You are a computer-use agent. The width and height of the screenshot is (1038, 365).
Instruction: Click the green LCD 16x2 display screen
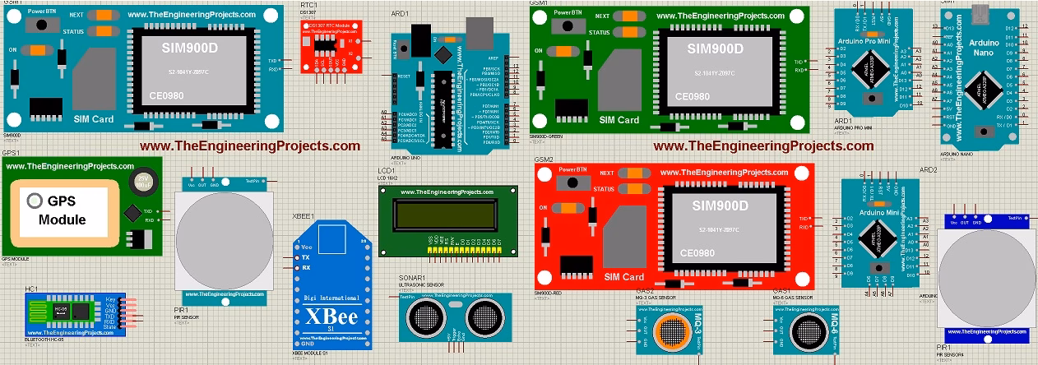pos(447,216)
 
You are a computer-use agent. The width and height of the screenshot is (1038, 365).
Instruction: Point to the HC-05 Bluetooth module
pos(81,312)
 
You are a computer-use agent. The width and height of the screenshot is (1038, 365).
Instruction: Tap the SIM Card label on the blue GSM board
pos(93,119)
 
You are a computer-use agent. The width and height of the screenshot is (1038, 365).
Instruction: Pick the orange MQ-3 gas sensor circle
pos(670,331)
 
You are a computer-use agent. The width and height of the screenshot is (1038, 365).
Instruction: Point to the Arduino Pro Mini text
pos(873,41)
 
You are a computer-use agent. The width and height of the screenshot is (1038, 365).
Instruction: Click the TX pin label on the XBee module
pos(305,257)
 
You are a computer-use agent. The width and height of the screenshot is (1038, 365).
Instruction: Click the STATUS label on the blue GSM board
pos(73,31)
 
